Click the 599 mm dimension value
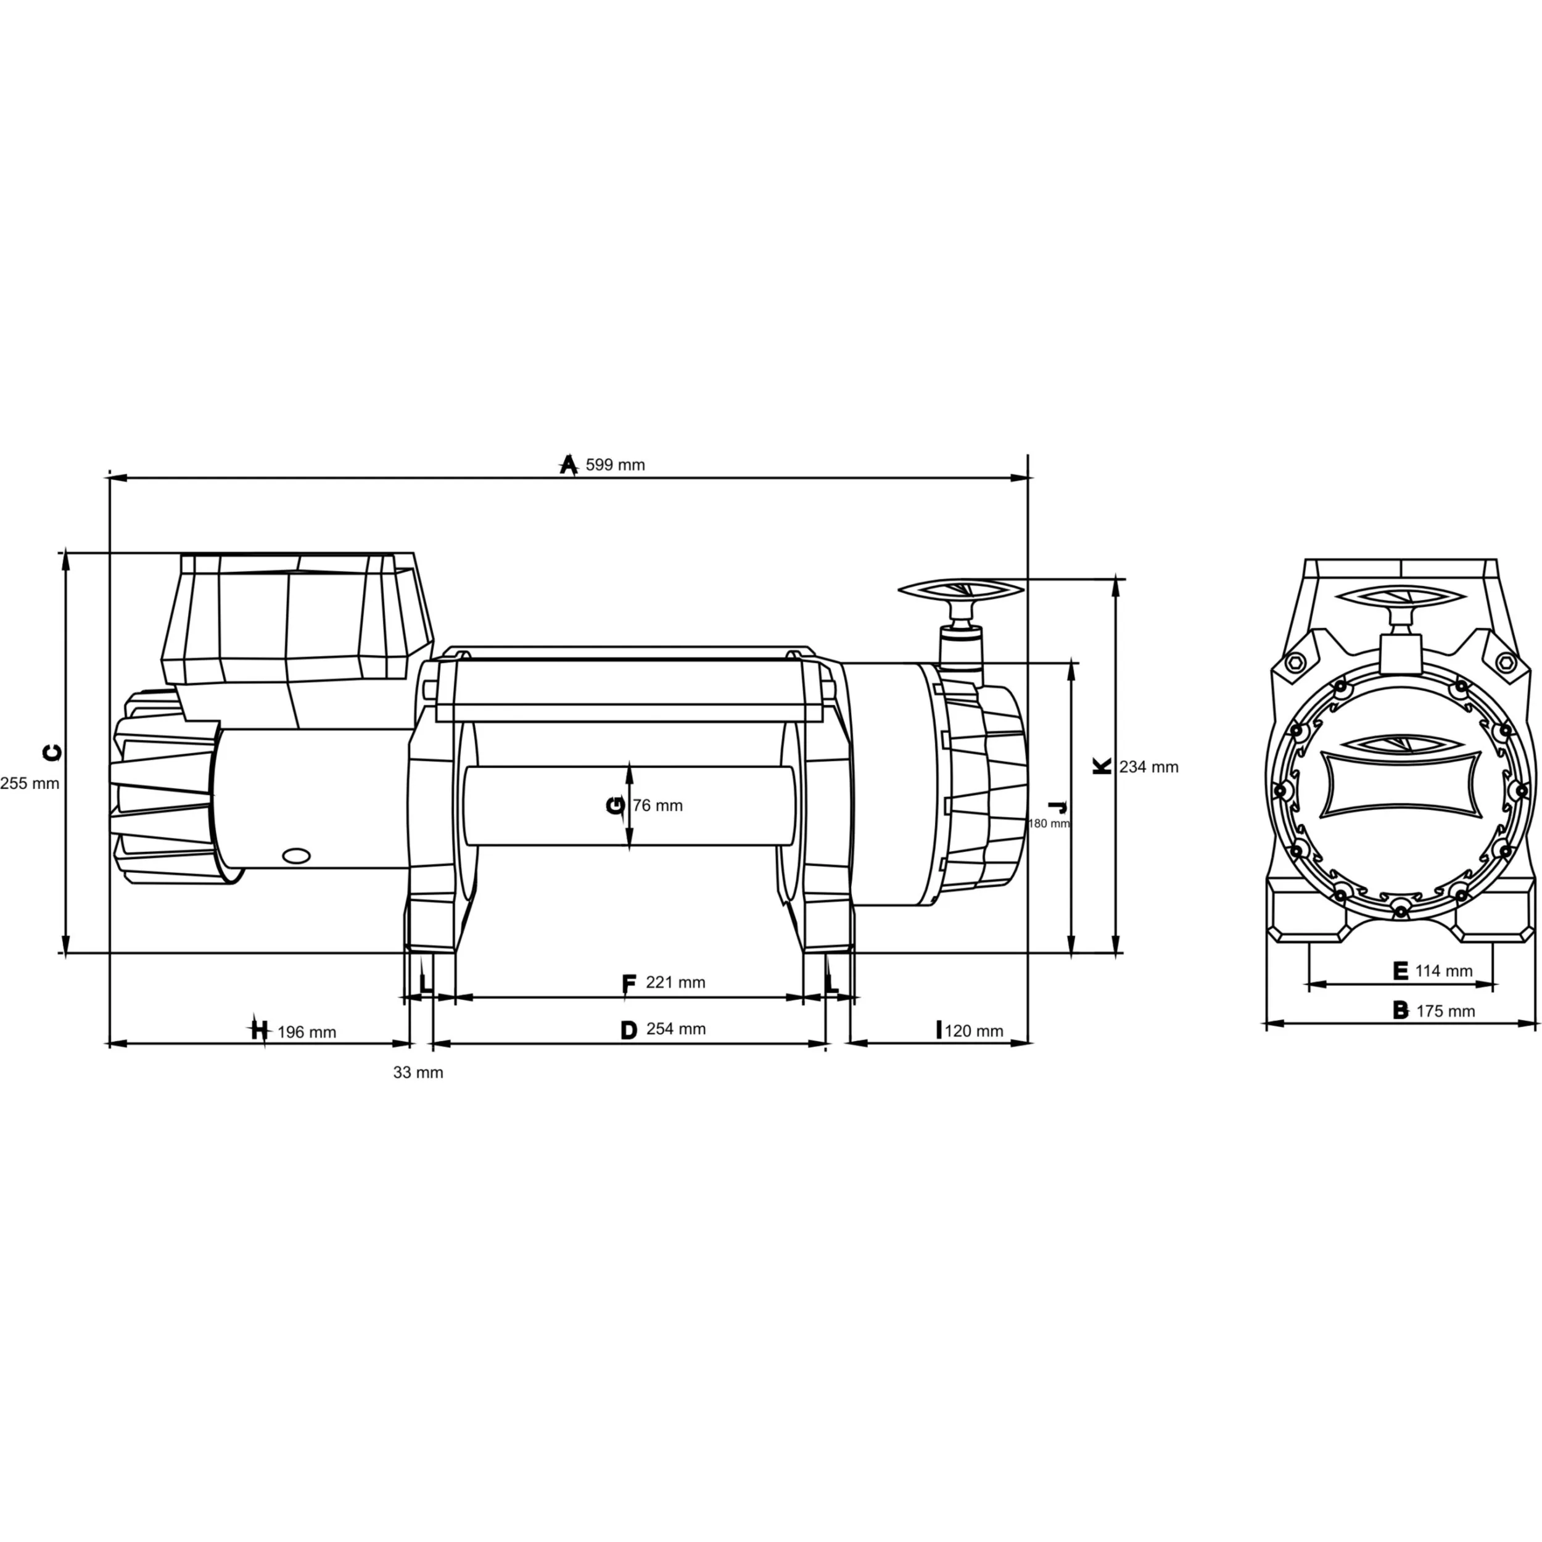pos(616,464)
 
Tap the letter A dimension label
pos(568,464)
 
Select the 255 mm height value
pos(30,783)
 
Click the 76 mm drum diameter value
pos(658,806)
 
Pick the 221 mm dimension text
pos(675,983)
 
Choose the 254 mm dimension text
pos(676,1029)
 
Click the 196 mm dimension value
pos(307,1032)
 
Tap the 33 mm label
pos(418,1073)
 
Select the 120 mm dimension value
pos(974,1031)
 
